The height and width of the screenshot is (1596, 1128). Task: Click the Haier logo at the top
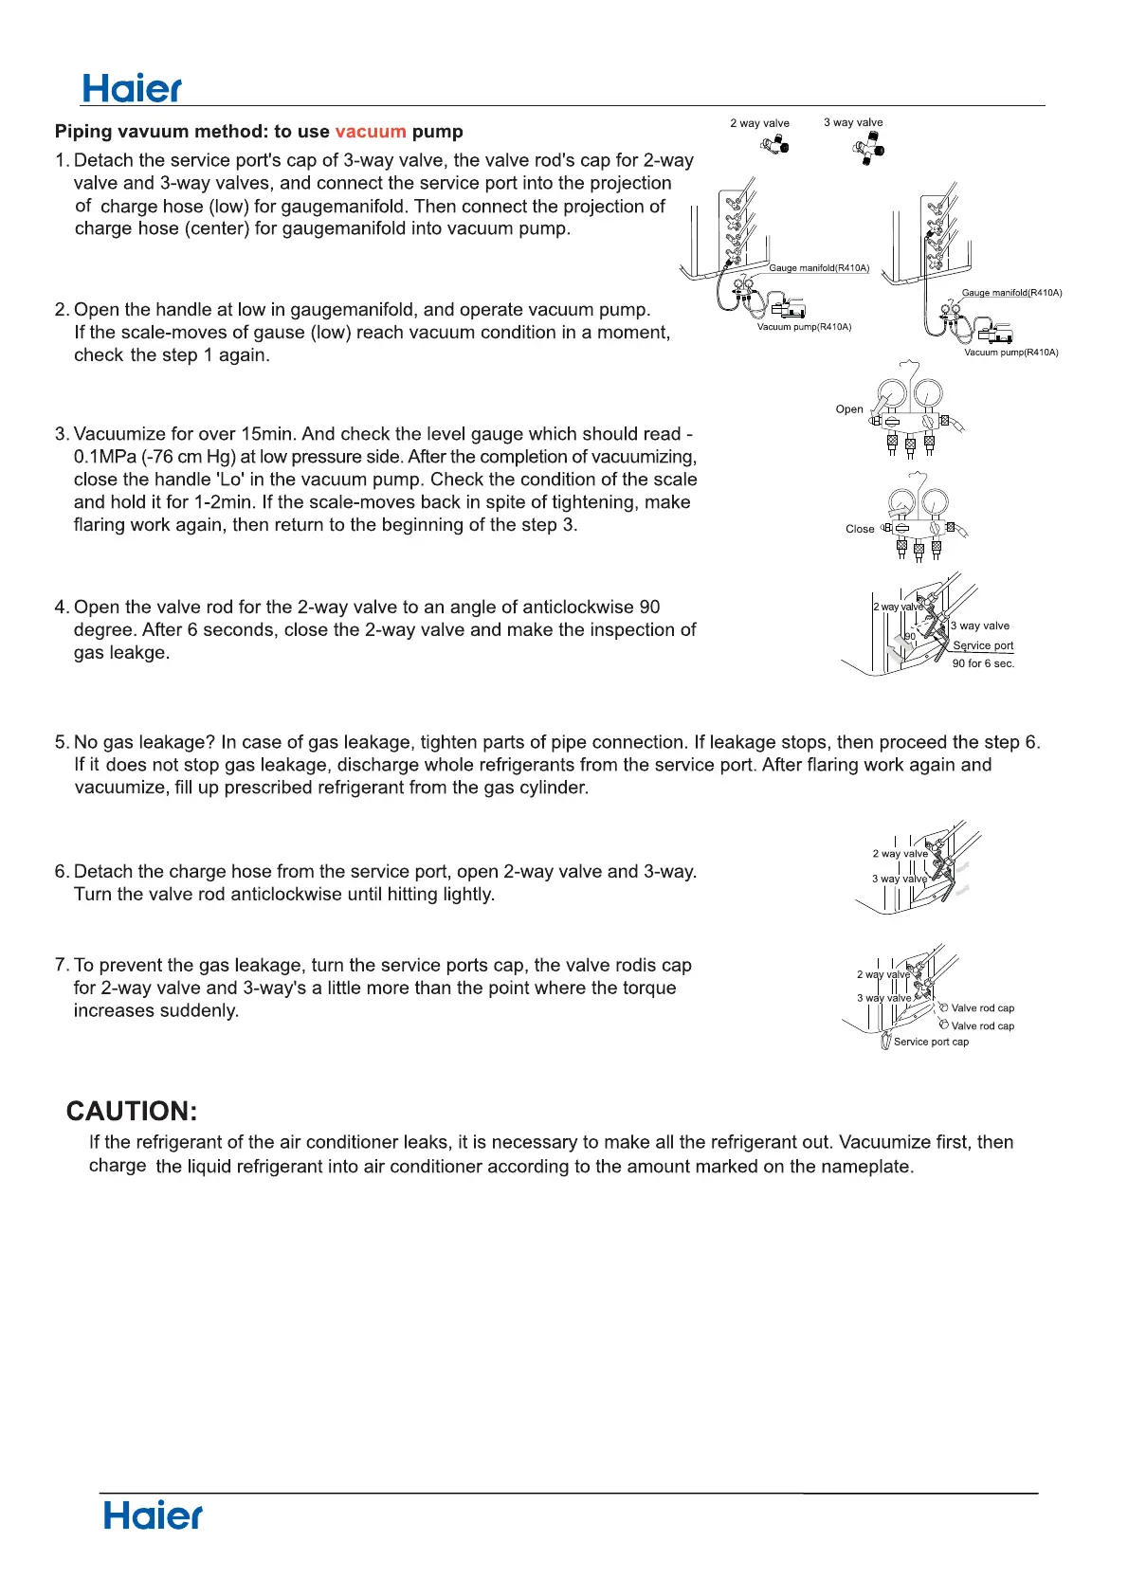tap(132, 88)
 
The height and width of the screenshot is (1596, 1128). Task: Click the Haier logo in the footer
tap(153, 1514)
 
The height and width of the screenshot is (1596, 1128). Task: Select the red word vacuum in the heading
tap(371, 132)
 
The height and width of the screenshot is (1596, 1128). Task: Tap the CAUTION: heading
tap(132, 1111)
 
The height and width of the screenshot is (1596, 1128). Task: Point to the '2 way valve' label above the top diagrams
tap(759, 123)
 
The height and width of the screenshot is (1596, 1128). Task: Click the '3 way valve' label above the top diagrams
tap(853, 122)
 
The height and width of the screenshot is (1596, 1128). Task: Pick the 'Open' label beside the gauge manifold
tap(849, 409)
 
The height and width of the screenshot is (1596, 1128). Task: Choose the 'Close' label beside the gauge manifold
tap(860, 529)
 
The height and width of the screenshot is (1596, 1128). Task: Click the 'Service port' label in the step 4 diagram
tap(983, 645)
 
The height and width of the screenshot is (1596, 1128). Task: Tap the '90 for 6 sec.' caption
tap(983, 663)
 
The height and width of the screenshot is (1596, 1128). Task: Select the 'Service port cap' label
tap(931, 1042)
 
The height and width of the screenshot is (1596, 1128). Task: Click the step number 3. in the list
tap(63, 434)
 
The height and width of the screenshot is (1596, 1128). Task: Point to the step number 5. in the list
tap(63, 742)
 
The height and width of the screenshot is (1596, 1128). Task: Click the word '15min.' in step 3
tap(268, 434)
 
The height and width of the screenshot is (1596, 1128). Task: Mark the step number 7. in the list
tap(63, 965)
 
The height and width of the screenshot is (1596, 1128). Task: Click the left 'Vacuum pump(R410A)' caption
tap(804, 327)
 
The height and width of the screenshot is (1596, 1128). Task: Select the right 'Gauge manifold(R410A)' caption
tap(1011, 293)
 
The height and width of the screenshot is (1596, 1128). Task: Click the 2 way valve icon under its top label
tap(774, 145)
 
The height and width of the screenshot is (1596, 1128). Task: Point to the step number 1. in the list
tap(63, 160)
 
